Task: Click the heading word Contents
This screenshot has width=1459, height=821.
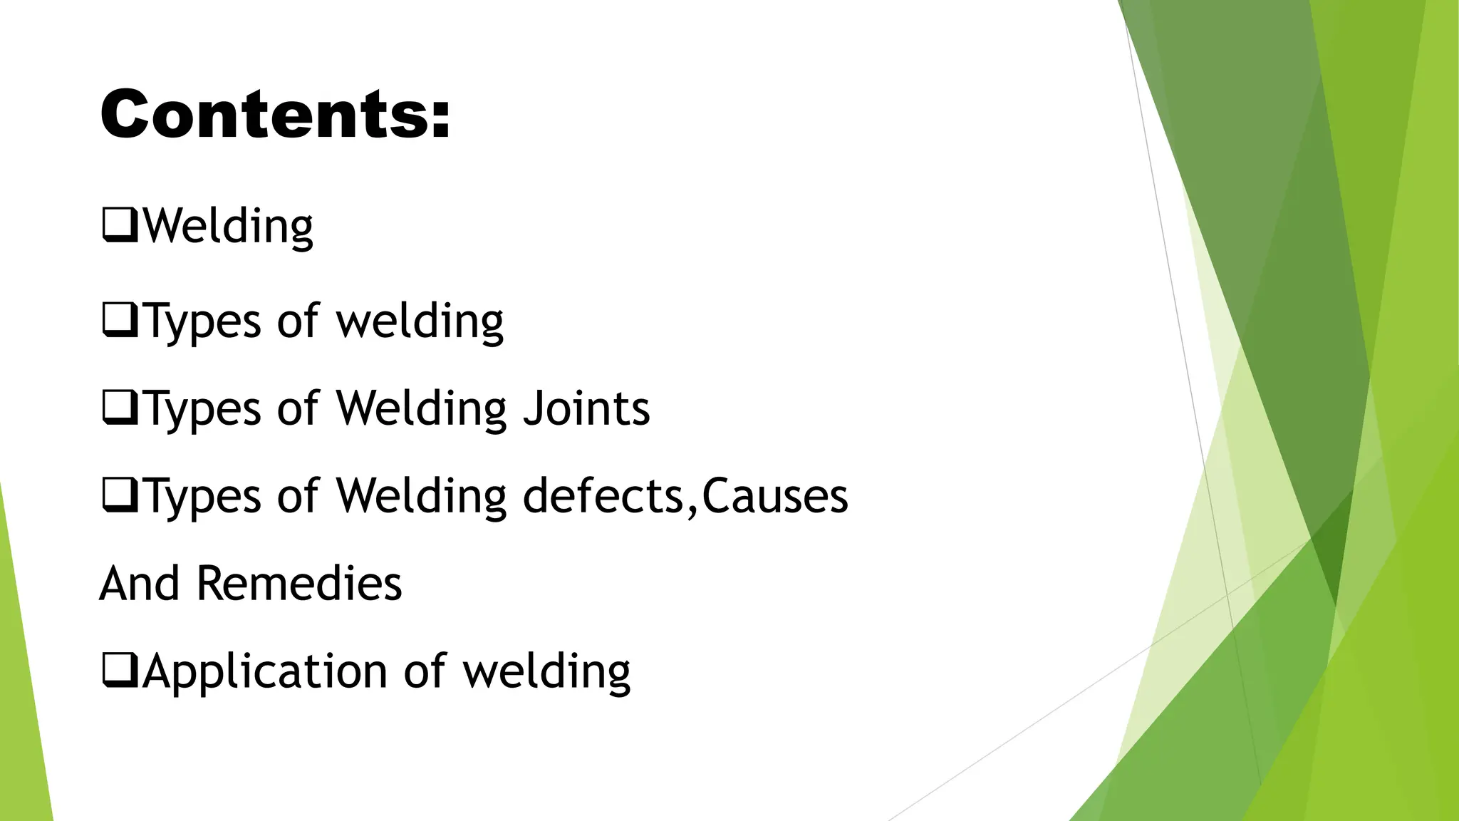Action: tap(264, 114)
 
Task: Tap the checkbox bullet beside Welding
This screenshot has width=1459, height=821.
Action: tap(120, 225)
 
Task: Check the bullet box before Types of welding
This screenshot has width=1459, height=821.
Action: tap(120, 320)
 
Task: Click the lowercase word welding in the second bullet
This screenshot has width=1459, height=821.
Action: tap(420, 321)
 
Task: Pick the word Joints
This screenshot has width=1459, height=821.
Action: tap(586, 408)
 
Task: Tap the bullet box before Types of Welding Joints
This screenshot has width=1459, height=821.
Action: tap(120, 408)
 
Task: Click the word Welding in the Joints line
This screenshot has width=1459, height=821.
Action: tap(421, 408)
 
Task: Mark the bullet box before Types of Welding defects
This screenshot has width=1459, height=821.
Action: tap(120, 495)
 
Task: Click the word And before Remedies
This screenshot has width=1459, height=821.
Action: tap(140, 583)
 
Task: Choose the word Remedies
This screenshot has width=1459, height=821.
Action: tap(298, 583)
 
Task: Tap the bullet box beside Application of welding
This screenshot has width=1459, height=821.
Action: tap(120, 671)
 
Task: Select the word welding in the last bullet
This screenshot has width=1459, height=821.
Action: tap(546, 671)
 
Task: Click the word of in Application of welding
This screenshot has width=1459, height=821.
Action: tap(425, 671)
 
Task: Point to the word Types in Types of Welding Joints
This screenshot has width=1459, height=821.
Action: tap(203, 410)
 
